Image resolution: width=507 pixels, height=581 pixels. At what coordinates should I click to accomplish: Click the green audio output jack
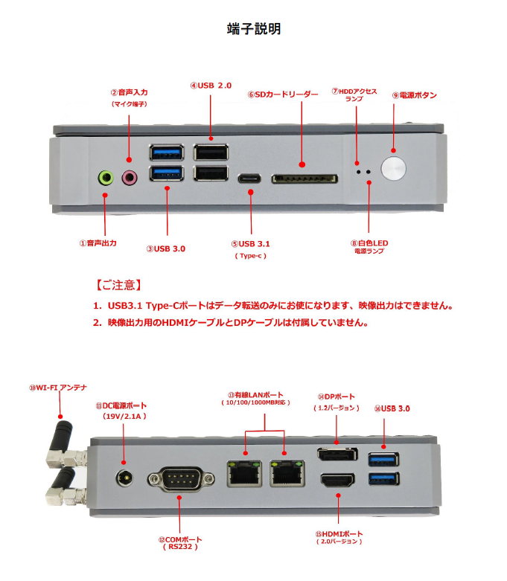coord(106,178)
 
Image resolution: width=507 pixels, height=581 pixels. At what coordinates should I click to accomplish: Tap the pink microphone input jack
coord(130,178)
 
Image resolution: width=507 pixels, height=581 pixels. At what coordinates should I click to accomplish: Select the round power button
coord(393,168)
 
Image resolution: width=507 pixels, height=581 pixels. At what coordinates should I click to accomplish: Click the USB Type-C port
coord(249,179)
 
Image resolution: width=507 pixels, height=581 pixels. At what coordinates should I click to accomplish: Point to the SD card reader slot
coord(302,179)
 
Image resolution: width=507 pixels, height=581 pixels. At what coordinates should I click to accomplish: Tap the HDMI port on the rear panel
coord(339,480)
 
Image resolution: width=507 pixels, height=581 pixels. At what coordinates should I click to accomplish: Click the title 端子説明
coord(253,29)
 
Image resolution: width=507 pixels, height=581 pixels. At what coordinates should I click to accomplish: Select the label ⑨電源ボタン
coord(414,95)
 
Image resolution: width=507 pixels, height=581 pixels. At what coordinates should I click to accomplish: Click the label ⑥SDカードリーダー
coord(281,95)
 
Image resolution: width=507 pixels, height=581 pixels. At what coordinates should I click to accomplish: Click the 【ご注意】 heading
coord(118,286)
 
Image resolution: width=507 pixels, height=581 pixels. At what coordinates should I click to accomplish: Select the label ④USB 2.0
coord(211,86)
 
